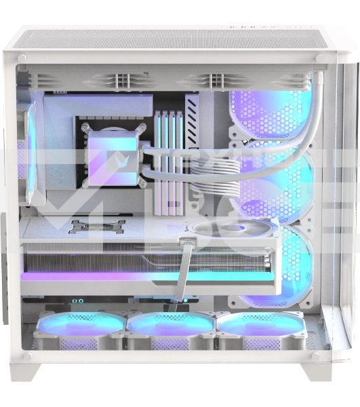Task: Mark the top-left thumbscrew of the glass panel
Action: (x=22, y=59)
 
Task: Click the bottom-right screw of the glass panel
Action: (x=316, y=354)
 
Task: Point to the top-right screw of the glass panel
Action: (x=318, y=59)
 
